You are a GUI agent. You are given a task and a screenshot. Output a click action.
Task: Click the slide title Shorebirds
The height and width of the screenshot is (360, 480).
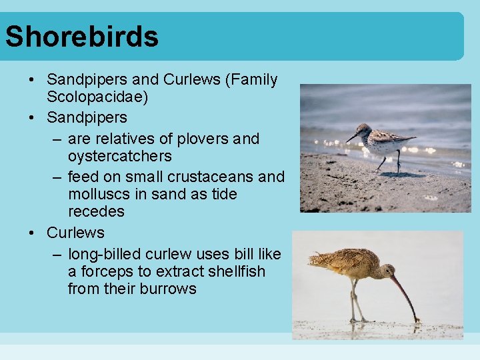point(82,37)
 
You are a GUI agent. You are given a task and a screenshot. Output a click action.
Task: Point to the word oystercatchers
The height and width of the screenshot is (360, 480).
point(119,156)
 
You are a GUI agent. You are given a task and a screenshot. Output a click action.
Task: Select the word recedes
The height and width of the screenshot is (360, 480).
point(95,211)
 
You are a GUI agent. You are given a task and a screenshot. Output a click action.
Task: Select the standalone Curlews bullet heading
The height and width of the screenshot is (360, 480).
point(75,233)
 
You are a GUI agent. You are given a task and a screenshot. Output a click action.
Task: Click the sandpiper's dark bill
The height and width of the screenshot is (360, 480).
point(352,137)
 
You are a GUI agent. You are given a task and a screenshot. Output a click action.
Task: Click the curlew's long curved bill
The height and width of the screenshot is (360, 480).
point(406,297)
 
